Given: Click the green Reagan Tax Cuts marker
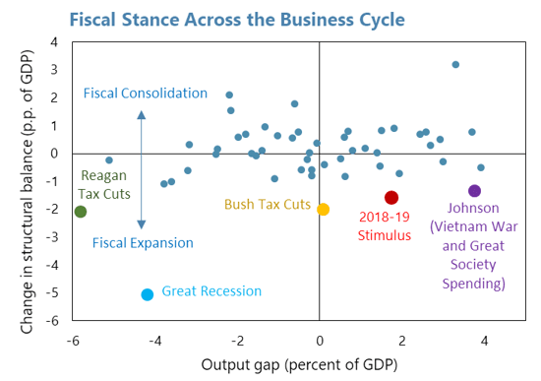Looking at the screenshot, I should (81, 212).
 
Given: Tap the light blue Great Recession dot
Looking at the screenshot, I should (148, 294).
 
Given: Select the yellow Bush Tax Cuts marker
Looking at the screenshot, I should (323, 209).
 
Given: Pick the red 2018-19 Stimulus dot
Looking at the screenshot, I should (391, 198).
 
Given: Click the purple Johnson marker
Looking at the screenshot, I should (474, 191).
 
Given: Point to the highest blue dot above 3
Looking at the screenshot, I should (455, 65).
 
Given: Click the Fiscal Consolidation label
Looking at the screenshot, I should (145, 94).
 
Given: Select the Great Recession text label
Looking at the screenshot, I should (211, 291).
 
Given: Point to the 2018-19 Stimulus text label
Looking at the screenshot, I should (391, 226).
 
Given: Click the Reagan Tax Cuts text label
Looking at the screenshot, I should (101, 185).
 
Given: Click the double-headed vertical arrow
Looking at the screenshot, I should (142, 168).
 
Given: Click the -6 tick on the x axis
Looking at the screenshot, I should (72, 341).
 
